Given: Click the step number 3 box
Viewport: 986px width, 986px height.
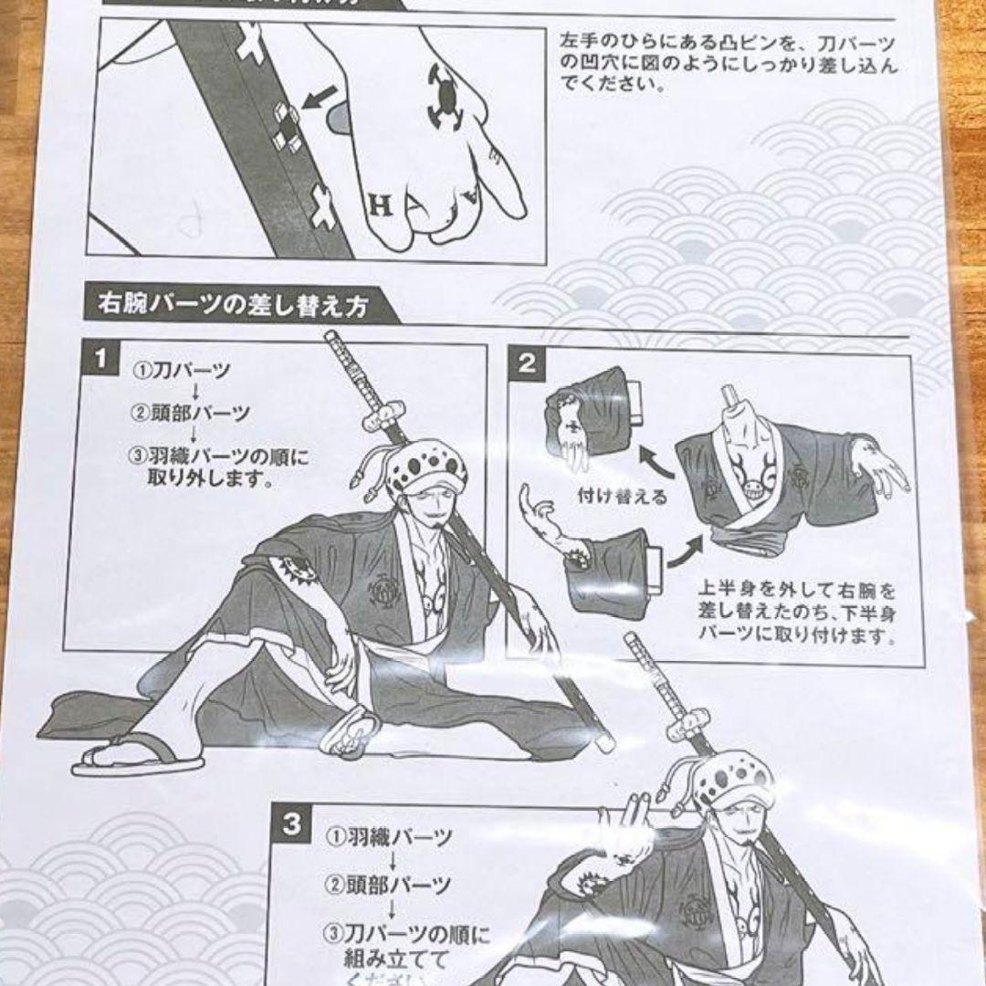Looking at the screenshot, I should pyautogui.click(x=291, y=824).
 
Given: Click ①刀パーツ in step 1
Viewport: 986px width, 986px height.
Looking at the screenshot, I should pyautogui.click(x=184, y=372).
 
